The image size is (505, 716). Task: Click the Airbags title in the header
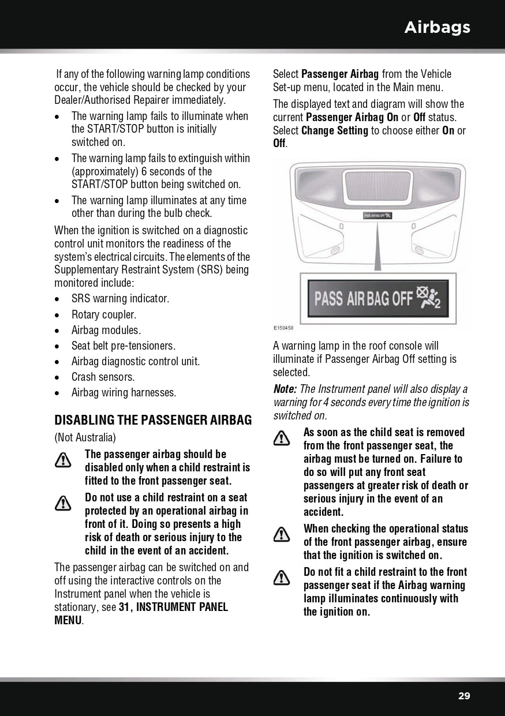point(437,27)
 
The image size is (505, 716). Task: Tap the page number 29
point(464,696)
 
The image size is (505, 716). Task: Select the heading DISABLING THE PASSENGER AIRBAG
point(153,420)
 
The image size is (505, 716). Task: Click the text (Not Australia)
point(85,437)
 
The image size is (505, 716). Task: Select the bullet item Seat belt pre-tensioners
point(123,346)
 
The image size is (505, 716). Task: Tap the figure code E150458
point(283,328)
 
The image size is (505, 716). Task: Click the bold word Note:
point(285,389)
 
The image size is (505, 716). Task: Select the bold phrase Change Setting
point(335,130)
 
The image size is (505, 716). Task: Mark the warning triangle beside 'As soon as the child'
point(282,438)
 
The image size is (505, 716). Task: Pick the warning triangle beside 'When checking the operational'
point(282,534)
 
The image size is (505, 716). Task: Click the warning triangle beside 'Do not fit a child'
point(282,578)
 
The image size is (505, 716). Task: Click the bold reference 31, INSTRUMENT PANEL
point(173,607)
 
